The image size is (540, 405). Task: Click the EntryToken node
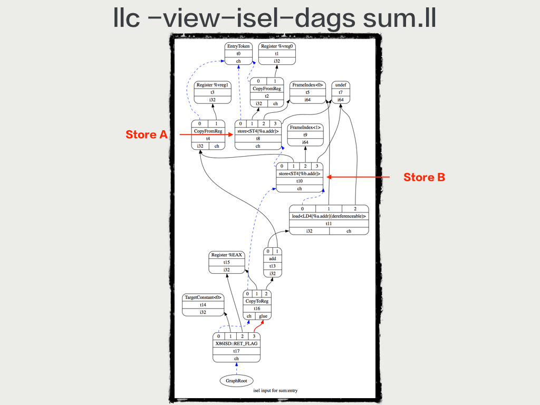click(238, 54)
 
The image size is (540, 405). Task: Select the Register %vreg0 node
click(277, 54)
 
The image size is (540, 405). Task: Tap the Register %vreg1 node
click(212, 92)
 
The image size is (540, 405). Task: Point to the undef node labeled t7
click(340, 92)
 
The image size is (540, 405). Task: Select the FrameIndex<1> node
click(305, 134)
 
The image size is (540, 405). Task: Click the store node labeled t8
click(258, 138)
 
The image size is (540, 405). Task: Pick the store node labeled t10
click(300, 180)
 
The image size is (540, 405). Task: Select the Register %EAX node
click(226, 262)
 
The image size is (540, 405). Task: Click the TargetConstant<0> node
click(203, 305)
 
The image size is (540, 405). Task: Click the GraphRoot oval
click(236, 380)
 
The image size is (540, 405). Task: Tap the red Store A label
click(146, 135)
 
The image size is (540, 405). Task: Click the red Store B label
click(424, 178)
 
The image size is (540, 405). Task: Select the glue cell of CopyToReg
click(263, 316)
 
